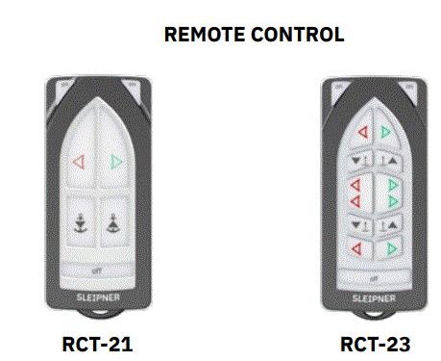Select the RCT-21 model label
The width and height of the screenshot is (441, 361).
pos(98,343)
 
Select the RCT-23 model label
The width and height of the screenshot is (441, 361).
pos(374,343)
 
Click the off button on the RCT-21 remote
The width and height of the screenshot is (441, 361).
pos(98,269)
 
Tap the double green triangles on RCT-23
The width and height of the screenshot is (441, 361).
pos(389,191)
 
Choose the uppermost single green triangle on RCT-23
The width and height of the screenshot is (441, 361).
pos(386,132)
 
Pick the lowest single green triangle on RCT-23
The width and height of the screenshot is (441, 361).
pos(387,248)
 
